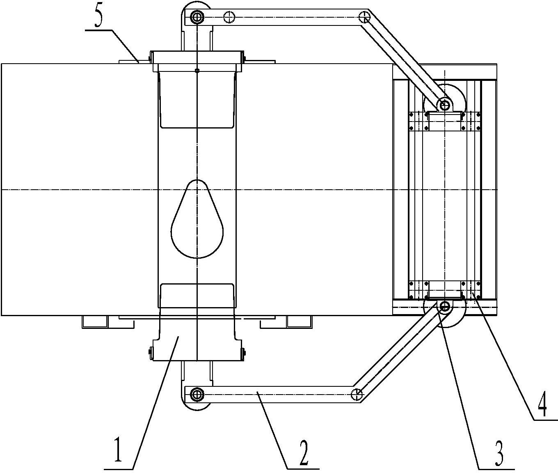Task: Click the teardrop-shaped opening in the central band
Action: tap(197, 219)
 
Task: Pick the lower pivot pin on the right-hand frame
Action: tap(444, 306)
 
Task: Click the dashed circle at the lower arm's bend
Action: tap(357, 395)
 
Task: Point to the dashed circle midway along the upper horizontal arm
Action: tap(229, 18)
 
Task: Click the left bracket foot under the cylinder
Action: tap(108, 322)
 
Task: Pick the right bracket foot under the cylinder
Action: tap(286, 322)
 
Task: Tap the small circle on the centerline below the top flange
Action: tap(197, 71)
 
